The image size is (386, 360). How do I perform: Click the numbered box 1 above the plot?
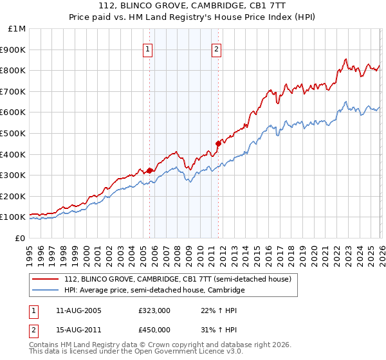click(149, 49)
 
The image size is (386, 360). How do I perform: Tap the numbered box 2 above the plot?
click(217, 49)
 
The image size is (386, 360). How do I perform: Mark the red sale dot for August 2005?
click(149, 170)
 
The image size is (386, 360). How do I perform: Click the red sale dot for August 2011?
click(217, 144)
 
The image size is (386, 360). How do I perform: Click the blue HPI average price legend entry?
click(154, 291)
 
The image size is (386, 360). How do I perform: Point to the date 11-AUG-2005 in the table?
click(79, 310)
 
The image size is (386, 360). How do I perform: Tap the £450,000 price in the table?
click(154, 330)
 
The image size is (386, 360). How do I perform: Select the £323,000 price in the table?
click(154, 310)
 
